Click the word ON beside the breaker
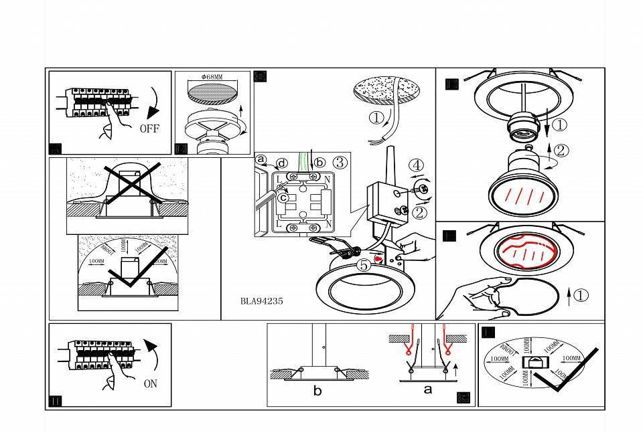pyautogui.click(x=151, y=385)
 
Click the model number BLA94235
pyautogui.click(x=261, y=301)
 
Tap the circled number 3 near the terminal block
pyautogui.click(x=340, y=162)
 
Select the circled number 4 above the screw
pyautogui.click(x=417, y=165)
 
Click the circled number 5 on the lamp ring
pyautogui.click(x=363, y=265)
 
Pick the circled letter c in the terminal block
pyautogui.click(x=284, y=197)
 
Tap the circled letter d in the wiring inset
pyautogui.click(x=282, y=163)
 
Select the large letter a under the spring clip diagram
pyautogui.click(x=428, y=389)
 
